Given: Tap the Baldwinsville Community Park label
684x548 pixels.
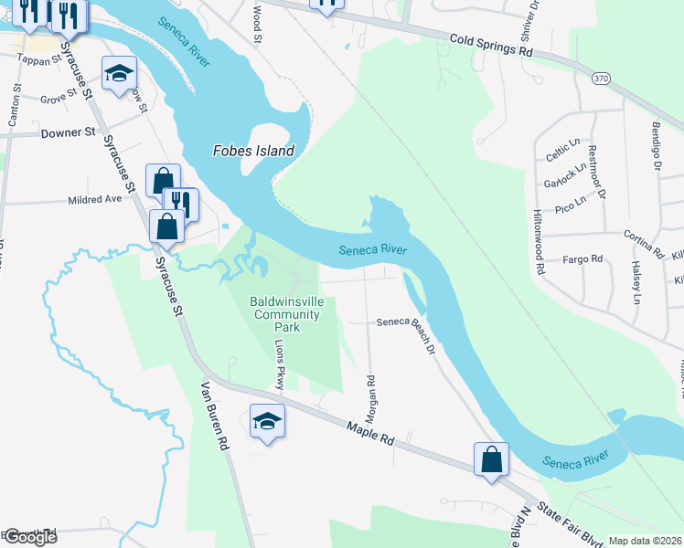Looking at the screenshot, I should coord(286,314).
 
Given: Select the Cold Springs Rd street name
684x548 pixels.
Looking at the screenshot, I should coord(491,46).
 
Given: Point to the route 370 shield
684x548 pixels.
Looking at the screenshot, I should coord(600,79).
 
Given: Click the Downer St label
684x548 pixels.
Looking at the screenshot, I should coord(69,132).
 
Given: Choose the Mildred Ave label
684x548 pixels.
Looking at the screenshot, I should coord(95,199).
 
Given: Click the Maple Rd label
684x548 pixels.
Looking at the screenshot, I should coord(369,433).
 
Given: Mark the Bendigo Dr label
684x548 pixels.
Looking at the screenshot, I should coord(656,146).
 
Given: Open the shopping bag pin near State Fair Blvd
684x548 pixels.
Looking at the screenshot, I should coord(491,460).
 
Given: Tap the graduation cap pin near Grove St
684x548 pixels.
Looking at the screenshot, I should coord(118,76).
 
